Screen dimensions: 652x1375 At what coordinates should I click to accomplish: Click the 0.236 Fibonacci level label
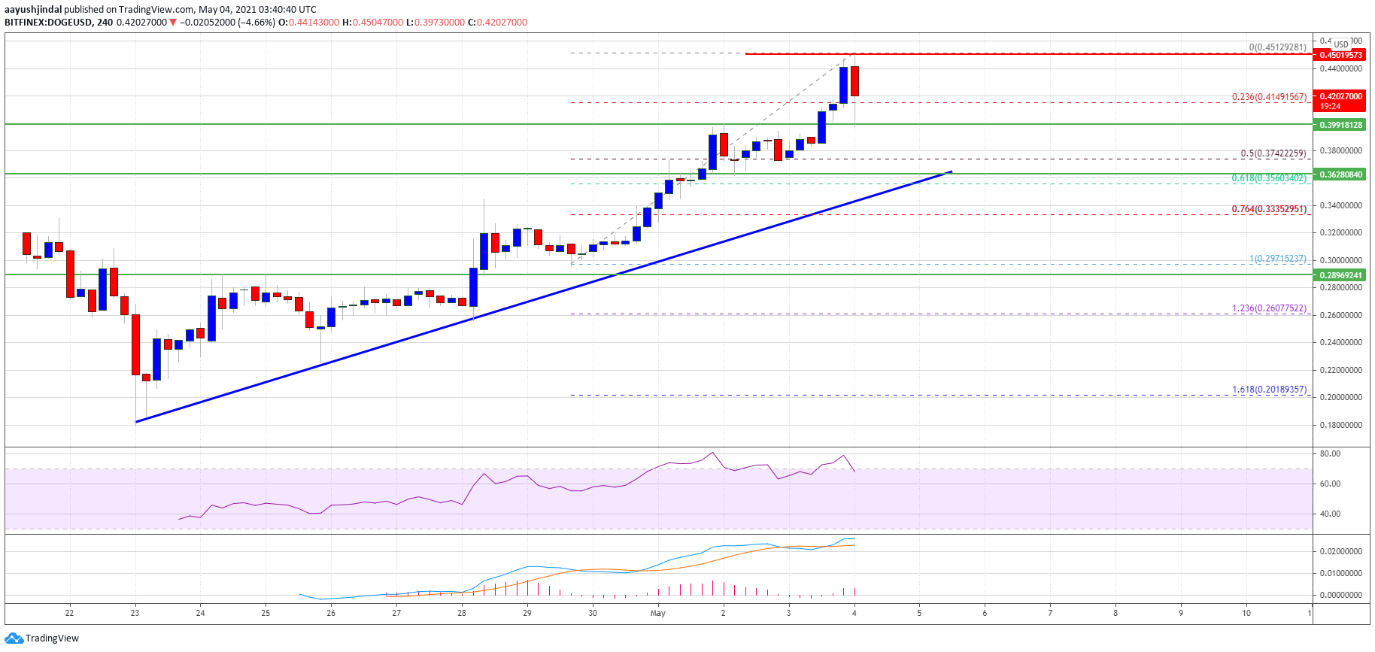(x=1268, y=97)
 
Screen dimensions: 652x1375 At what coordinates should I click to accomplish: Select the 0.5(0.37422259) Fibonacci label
(x=1273, y=153)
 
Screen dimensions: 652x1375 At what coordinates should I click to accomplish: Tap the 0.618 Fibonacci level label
(x=1268, y=178)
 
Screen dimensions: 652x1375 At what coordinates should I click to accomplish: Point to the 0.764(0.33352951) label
(x=1268, y=209)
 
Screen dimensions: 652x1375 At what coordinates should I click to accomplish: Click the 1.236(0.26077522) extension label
(x=1268, y=308)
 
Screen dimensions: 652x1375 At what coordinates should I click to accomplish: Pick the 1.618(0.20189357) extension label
(x=1268, y=390)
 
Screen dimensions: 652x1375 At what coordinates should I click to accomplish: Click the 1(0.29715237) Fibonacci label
(x=1277, y=259)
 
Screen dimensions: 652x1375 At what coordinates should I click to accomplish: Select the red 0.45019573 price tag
(x=1340, y=55)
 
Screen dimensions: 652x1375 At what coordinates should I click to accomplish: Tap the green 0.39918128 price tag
(x=1340, y=125)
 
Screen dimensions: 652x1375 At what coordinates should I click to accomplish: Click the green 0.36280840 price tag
(x=1340, y=174)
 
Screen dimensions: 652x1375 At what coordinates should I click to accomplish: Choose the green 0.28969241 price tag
(x=1340, y=275)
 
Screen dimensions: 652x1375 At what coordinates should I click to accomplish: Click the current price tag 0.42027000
(x=1340, y=96)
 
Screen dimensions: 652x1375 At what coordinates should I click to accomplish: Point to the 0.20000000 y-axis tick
(x=1340, y=397)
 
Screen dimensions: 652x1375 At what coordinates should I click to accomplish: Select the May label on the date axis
(x=657, y=613)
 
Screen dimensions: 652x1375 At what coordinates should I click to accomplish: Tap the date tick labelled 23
(x=135, y=613)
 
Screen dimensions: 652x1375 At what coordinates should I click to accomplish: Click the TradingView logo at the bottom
(x=42, y=638)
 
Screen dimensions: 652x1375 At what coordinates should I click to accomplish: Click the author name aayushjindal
(x=32, y=10)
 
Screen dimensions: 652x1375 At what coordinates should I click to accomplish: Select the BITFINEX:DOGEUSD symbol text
(x=48, y=23)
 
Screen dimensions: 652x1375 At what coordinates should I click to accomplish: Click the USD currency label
(x=1341, y=44)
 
